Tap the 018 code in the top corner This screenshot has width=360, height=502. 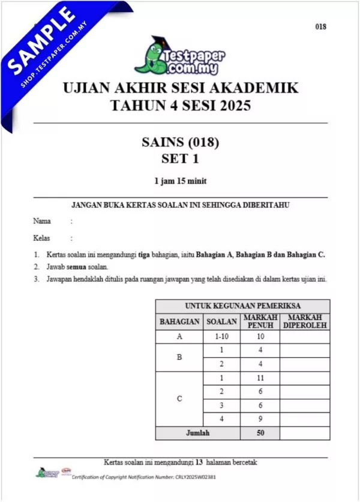[x=320, y=26]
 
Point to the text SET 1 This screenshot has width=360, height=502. [x=180, y=159]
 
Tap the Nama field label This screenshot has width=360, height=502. [x=42, y=222]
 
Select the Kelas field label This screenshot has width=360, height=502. [x=41, y=238]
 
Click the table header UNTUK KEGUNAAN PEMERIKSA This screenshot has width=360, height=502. [x=242, y=306]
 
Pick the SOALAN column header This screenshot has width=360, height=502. [x=222, y=322]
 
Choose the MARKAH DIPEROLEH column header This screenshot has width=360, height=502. [x=305, y=321]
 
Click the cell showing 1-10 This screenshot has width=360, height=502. [x=222, y=337]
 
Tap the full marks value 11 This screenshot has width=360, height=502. [x=260, y=378]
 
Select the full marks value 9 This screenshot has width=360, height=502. [x=260, y=419]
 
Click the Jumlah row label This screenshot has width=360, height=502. [x=197, y=433]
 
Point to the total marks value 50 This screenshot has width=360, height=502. [x=260, y=433]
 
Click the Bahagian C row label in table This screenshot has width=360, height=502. [x=179, y=399]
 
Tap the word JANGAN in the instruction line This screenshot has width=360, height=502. [x=85, y=205]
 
